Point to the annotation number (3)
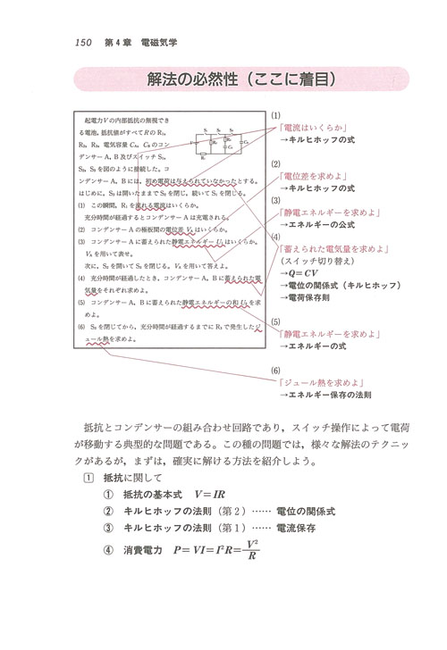pyautogui.click(x=277, y=201)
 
